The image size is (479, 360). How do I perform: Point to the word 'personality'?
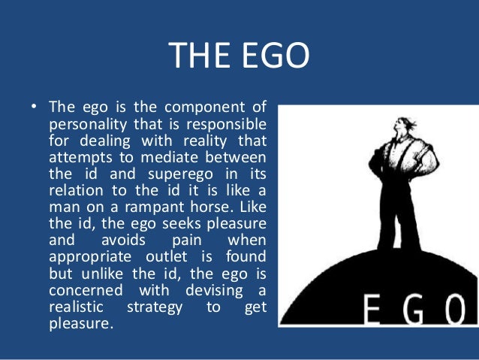83,123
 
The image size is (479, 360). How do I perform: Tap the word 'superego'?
164,174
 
